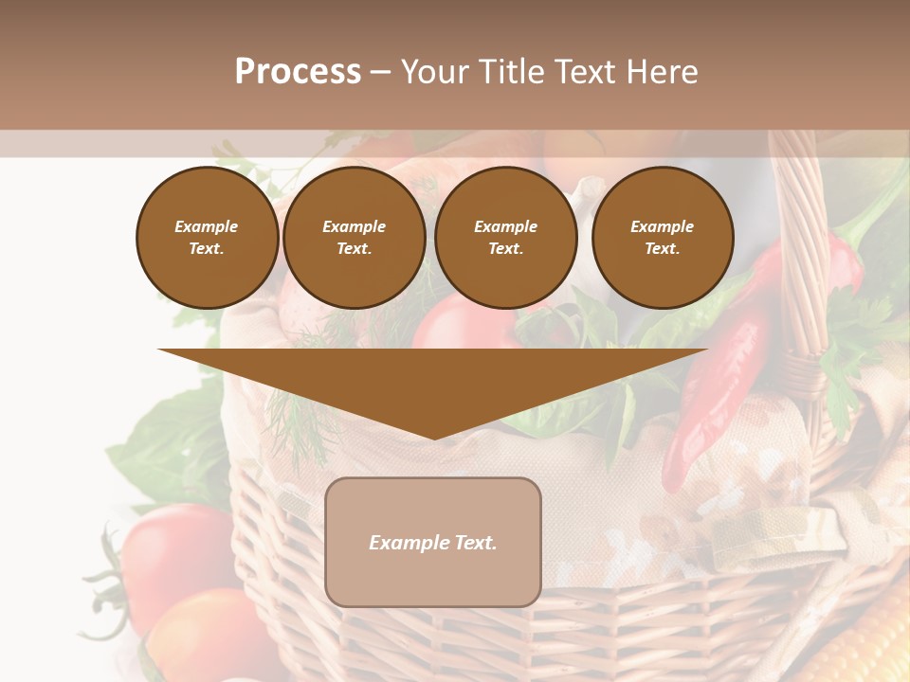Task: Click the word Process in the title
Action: pyautogui.click(x=298, y=72)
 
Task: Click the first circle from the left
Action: pyautogui.click(x=207, y=238)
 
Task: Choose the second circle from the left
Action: pyautogui.click(x=354, y=238)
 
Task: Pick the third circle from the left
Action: pyautogui.click(x=505, y=238)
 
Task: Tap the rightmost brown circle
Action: pyautogui.click(x=662, y=238)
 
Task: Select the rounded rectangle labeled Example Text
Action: pyautogui.click(x=433, y=542)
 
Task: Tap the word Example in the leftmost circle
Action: pyautogui.click(x=207, y=226)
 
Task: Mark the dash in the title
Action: pyautogui.click(x=380, y=72)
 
